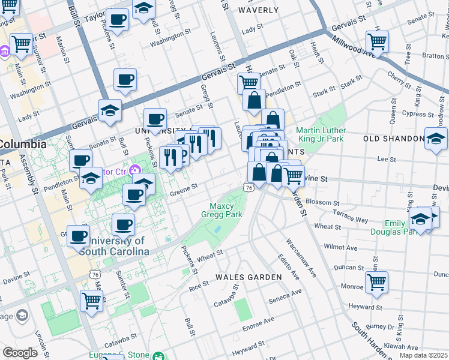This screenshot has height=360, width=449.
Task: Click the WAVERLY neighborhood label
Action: coord(258,10)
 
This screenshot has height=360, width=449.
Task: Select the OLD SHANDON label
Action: coord(394,139)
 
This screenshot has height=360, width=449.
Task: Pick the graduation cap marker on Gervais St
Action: coord(110,110)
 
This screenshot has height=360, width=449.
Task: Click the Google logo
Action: coord(20,352)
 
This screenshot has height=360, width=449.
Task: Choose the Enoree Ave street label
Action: coord(258,327)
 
